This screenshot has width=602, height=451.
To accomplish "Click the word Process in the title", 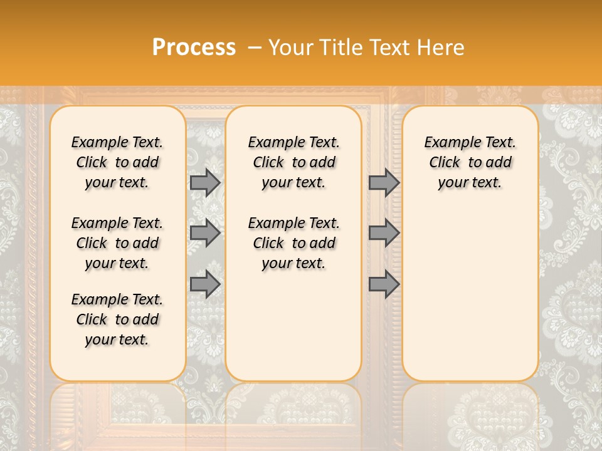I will pyautogui.click(x=194, y=48).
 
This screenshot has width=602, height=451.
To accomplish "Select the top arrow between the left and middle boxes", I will pyautogui.click(x=205, y=182).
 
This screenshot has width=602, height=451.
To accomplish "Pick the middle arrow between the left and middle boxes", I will pyautogui.click(x=205, y=233).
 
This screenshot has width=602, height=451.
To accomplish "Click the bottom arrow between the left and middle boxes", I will pyautogui.click(x=205, y=284).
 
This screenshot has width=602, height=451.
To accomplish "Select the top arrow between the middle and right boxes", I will pyautogui.click(x=384, y=182).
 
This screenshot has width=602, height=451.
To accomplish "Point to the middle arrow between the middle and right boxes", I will pyautogui.click(x=384, y=233).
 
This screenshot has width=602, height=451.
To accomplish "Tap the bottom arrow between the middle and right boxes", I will pyautogui.click(x=384, y=284).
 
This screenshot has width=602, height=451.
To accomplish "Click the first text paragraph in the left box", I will pyautogui.click(x=117, y=162).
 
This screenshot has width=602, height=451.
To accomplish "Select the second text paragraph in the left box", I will pyautogui.click(x=117, y=243).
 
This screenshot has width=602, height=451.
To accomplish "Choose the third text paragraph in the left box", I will pyautogui.click(x=117, y=319).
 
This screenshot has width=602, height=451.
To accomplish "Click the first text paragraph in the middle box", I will pyautogui.click(x=294, y=162).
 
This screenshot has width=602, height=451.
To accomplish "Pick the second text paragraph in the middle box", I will pyautogui.click(x=294, y=243).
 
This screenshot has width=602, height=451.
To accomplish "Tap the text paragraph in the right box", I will pyautogui.click(x=470, y=162).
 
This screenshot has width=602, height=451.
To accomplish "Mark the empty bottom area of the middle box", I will pyautogui.click(x=294, y=332).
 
